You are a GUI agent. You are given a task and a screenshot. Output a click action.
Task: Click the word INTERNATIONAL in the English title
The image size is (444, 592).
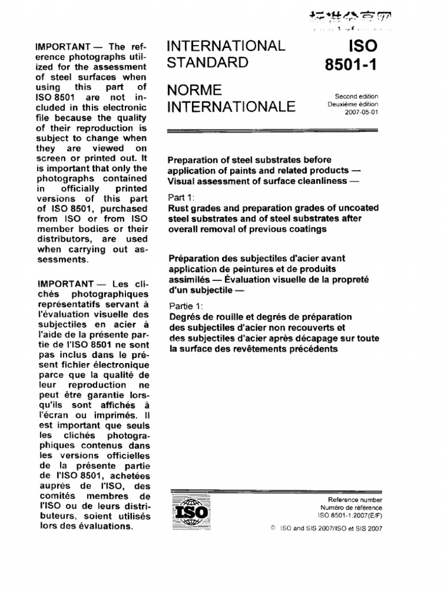click(225, 46)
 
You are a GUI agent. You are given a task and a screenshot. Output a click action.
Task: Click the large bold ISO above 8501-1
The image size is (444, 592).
click(362, 46)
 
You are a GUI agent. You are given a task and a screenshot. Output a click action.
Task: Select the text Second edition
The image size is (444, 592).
click(357, 97)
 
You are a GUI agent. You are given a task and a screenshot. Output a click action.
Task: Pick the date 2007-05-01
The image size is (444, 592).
click(361, 112)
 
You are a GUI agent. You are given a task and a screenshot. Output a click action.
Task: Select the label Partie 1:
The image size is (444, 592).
click(183, 305)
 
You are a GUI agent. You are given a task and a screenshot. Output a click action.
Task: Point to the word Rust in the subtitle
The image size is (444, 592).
click(177, 208)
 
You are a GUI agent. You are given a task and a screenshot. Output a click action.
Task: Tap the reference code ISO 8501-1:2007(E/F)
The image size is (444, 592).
click(350, 515)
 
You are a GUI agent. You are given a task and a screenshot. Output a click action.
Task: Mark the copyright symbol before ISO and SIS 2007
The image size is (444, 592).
click(273, 528)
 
